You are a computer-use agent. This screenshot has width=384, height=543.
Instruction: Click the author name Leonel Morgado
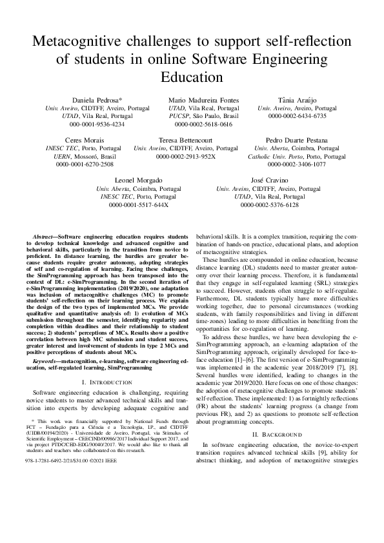(x=138, y=180)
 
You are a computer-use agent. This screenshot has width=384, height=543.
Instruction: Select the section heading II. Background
(x=276, y=435)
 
